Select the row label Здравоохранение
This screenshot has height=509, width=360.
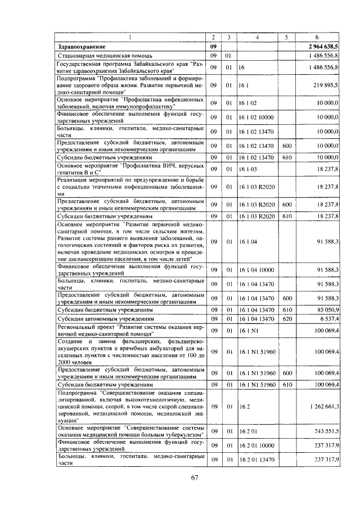click(82, 47)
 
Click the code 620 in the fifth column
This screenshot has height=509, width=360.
click(286, 319)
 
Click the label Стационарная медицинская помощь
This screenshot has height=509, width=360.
click(98, 56)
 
